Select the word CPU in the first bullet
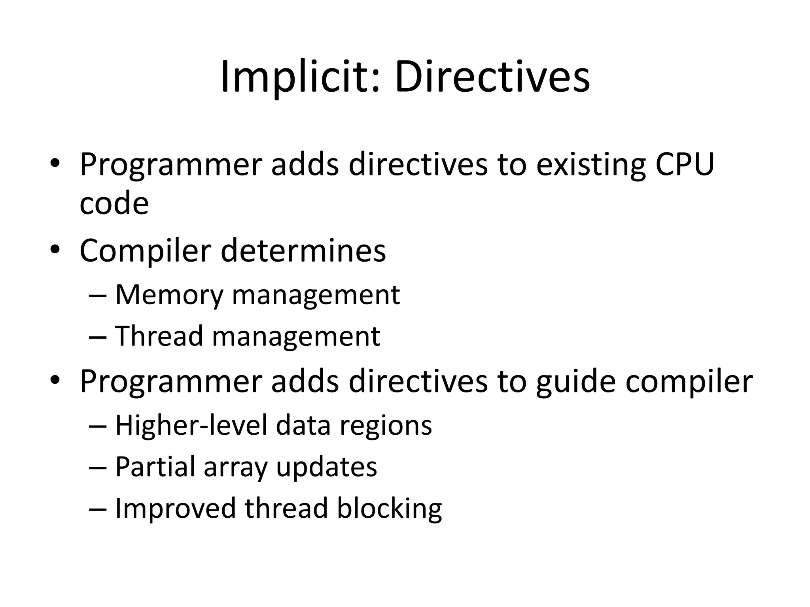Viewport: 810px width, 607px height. click(685, 164)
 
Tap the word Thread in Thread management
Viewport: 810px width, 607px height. click(159, 336)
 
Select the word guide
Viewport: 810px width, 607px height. click(576, 382)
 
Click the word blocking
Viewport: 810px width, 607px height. click(389, 509)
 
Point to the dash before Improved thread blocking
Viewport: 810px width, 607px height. click(98, 509)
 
